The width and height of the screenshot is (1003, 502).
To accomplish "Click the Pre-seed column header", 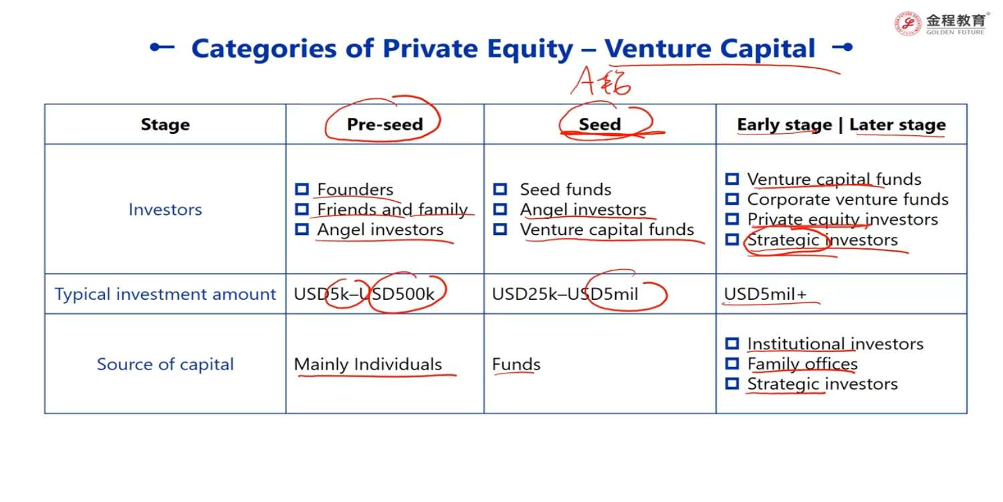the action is [384, 124].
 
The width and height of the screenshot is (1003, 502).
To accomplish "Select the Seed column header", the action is [600, 124].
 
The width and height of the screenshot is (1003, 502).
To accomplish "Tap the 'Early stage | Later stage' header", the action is [841, 124].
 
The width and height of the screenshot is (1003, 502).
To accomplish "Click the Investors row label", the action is [165, 210].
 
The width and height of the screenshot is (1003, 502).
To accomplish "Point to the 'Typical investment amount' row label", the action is [165, 294].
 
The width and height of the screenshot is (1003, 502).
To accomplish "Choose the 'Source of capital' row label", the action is [165, 364].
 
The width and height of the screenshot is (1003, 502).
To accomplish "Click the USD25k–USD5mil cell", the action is [565, 294].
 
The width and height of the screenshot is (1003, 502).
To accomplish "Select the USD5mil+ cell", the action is [765, 294].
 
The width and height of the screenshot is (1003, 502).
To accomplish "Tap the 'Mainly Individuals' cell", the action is [368, 364].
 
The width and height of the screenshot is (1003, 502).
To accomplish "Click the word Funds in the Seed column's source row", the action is [516, 364].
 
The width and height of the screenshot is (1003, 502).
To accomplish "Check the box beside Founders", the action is [302, 189].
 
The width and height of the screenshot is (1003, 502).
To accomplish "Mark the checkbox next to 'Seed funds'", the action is [499, 189].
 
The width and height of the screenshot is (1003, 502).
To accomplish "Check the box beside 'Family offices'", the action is [732, 363].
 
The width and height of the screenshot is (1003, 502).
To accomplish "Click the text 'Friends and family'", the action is [393, 210].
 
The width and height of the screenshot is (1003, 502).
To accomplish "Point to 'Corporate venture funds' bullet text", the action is [848, 199].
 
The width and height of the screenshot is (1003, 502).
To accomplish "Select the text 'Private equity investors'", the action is [843, 220].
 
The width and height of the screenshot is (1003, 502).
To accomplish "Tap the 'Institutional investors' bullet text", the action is [835, 344].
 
